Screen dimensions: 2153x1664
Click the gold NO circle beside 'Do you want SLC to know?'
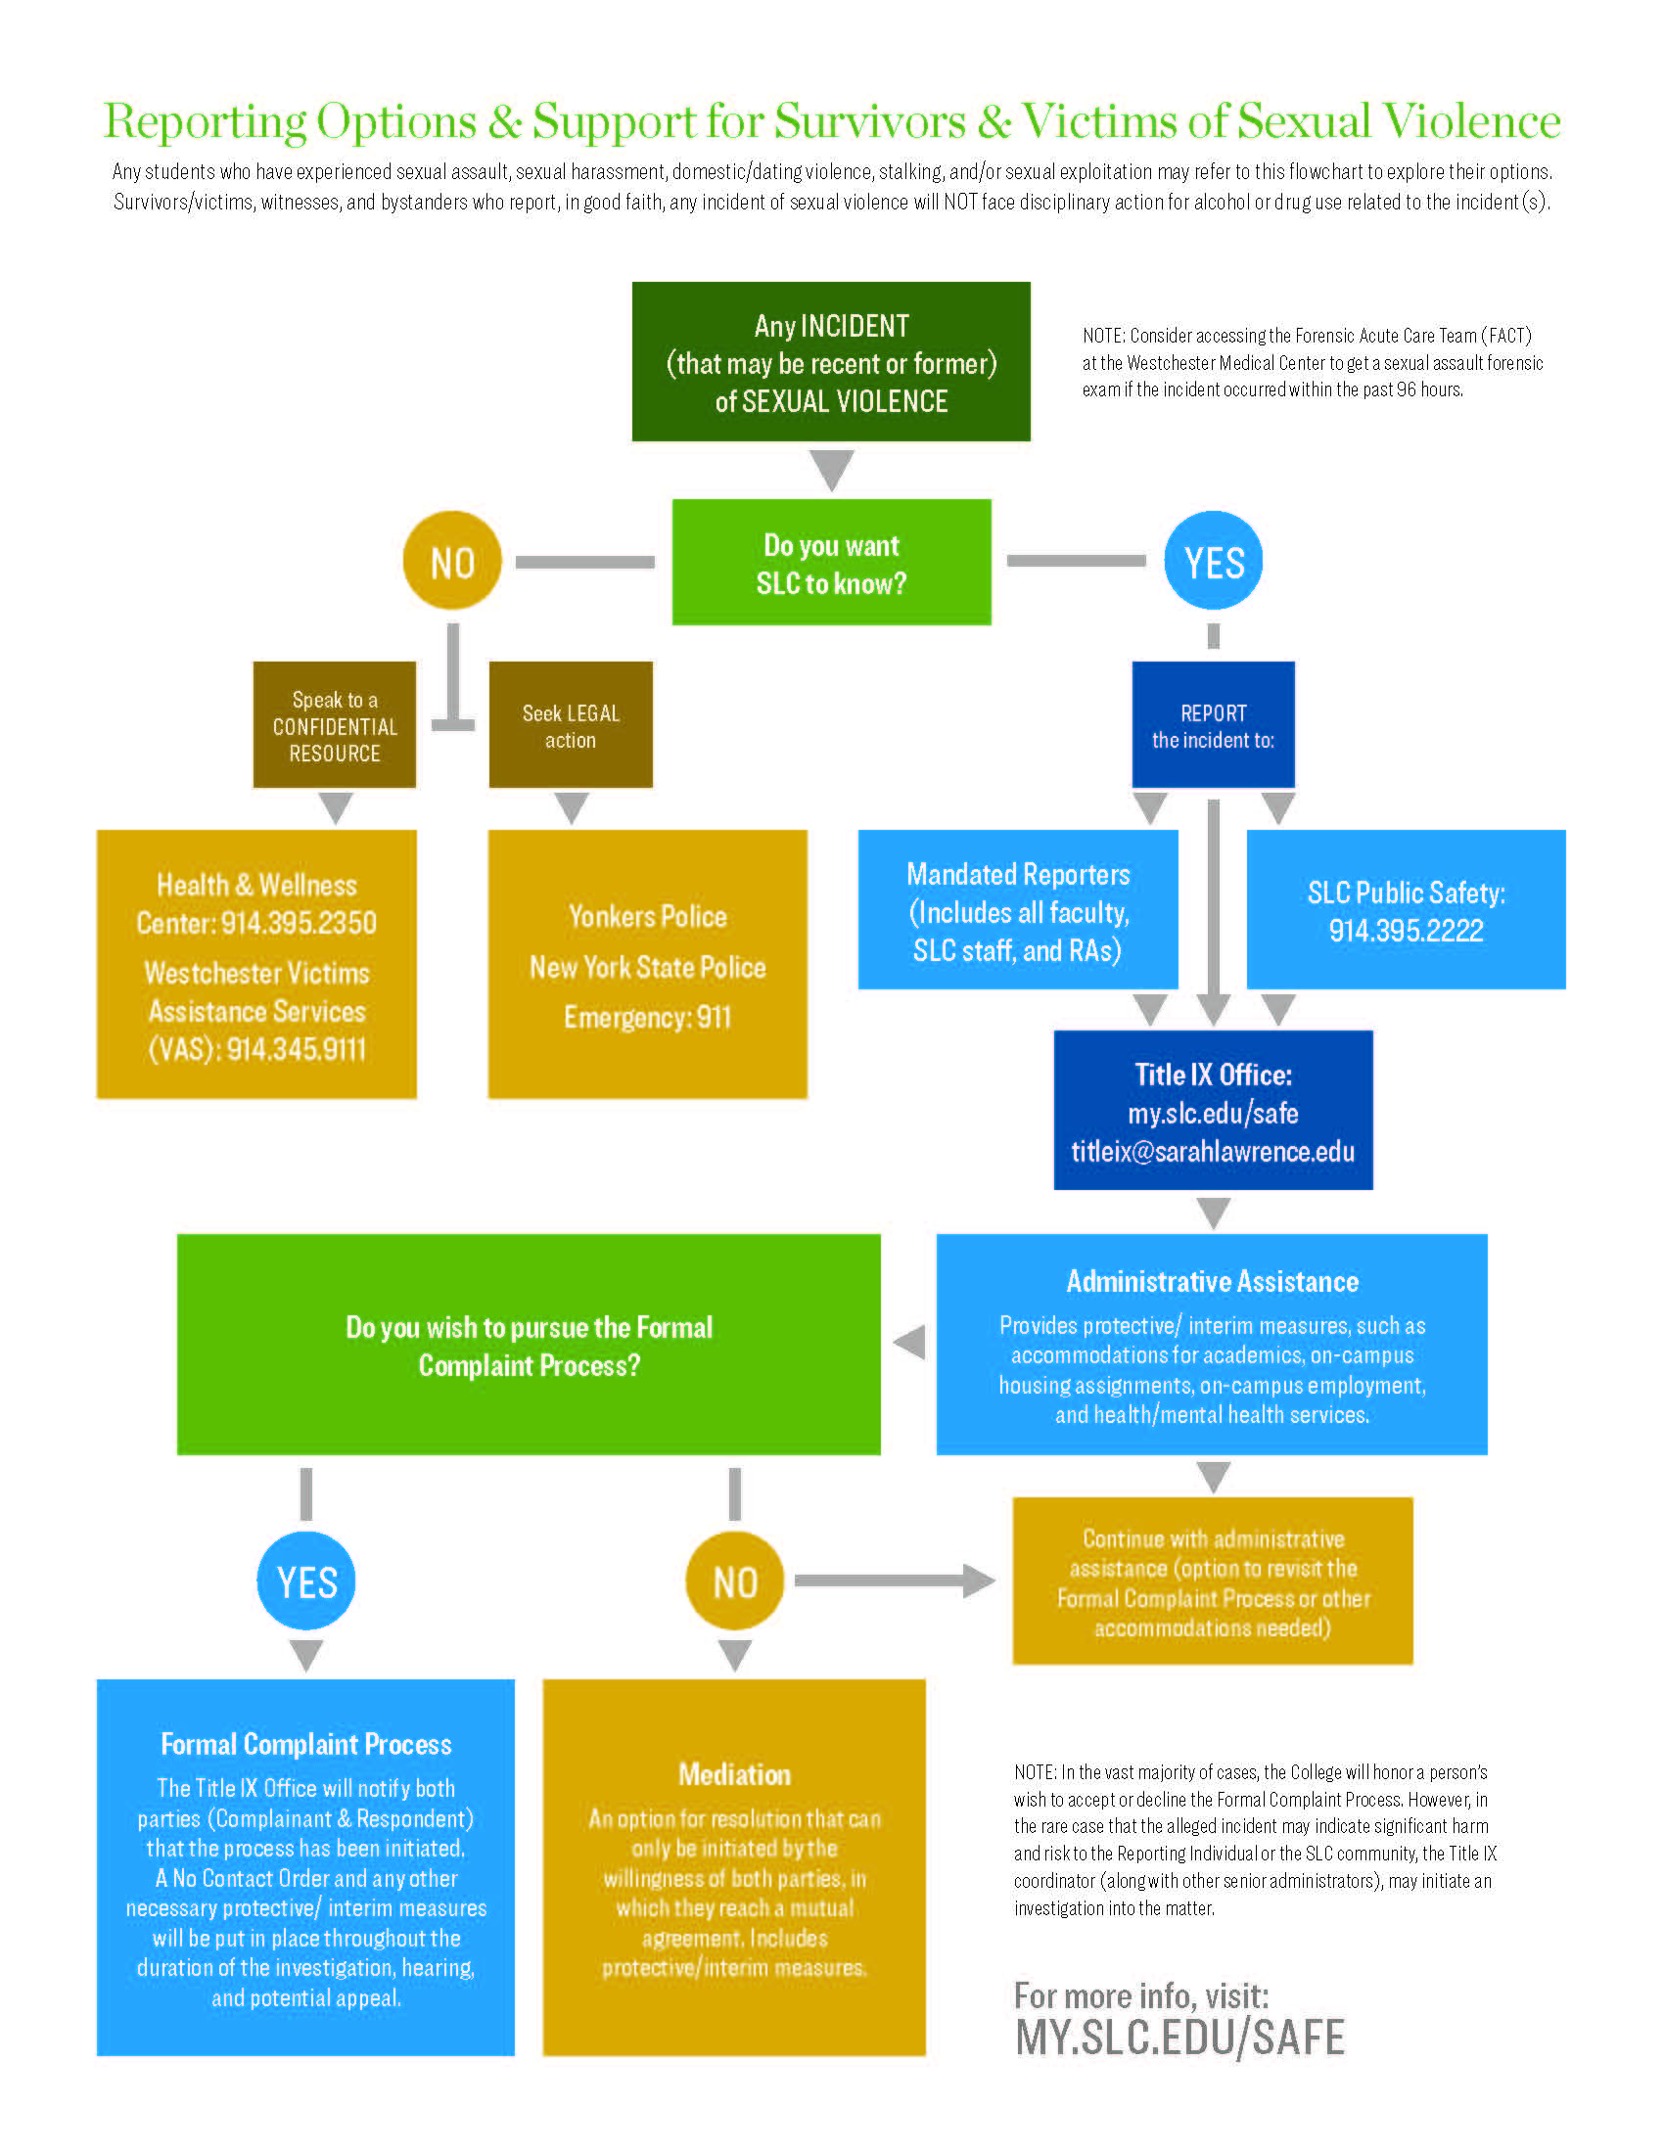point(452,561)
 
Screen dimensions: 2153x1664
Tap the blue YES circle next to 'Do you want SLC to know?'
point(1214,561)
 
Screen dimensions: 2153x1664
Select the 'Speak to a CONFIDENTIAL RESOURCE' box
point(334,725)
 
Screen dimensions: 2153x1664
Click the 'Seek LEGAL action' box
point(571,725)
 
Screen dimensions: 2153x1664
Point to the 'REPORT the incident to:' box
point(1213,725)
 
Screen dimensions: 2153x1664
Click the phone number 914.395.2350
point(299,923)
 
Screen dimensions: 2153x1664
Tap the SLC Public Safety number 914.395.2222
point(1406,931)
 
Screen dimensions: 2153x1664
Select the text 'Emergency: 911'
point(648,1018)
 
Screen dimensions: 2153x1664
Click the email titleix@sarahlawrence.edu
point(1213,1152)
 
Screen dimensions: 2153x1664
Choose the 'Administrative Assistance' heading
point(1213,1282)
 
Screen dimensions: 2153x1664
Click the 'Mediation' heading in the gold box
point(734,1775)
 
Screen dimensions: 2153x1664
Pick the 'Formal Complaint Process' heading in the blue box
point(305,1745)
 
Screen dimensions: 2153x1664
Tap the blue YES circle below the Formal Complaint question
point(306,1582)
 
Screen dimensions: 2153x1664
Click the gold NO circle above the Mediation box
point(734,1582)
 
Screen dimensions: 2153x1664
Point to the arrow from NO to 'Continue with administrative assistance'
point(892,1580)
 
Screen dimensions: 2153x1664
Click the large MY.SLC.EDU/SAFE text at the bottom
point(1180,2038)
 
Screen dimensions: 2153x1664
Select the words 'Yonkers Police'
point(648,917)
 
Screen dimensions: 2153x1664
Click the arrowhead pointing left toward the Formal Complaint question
point(910,1342)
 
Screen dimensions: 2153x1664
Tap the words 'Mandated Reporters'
point(1018,874)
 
